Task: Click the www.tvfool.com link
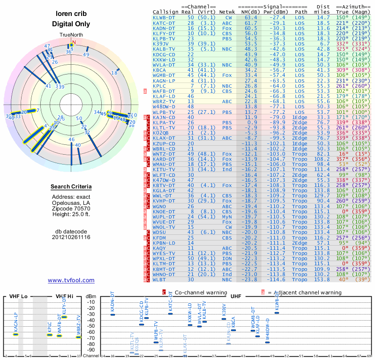(x=71, y=280)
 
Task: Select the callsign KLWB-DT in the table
(x=165, y=18)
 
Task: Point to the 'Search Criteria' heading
(x=71, y=187)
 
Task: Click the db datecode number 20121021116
(x=71, y=237)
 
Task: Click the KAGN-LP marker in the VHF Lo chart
(x=15, y=334)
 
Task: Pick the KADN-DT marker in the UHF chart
(x=112, y=314)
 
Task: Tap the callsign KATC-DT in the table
(x=165, y=23)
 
